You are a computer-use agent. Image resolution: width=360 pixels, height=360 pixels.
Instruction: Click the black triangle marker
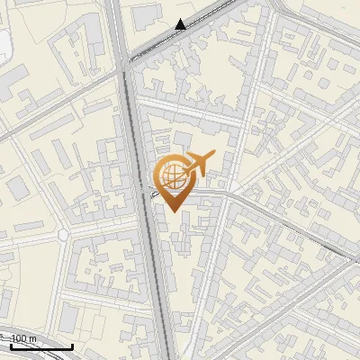click(x=181, y=24)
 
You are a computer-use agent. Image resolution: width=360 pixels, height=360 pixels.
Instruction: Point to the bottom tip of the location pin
click(x=170, y=211)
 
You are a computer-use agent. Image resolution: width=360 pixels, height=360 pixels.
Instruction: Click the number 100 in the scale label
click(x=20, y=338)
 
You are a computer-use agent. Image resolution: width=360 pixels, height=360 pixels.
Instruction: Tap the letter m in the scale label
click(x=33, y=338)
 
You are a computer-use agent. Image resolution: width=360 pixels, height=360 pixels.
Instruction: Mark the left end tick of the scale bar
click(x=12, y=346)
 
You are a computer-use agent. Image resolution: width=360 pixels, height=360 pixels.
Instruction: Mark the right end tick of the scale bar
click(x=72, y=346)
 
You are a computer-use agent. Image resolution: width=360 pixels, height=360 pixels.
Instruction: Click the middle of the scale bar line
click(x=41, y=347)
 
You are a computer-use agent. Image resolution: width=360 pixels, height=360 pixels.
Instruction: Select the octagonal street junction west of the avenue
click(x=62, y=234)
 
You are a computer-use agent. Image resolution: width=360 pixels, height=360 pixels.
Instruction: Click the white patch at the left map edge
click(x=4, y=45)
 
